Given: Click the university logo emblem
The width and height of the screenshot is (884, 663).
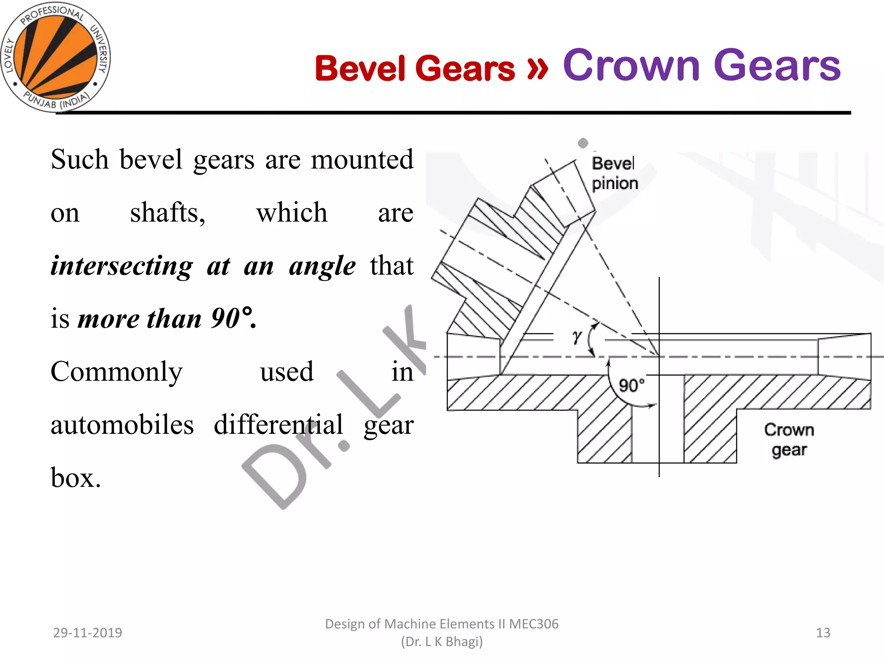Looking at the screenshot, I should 55,57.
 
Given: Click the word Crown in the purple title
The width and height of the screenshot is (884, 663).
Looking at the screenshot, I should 631,65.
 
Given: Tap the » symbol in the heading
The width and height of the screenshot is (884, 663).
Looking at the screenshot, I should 537,68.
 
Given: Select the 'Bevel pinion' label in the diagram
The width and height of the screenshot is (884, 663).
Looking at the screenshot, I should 615,174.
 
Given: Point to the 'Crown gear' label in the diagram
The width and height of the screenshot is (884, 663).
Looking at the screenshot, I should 789,439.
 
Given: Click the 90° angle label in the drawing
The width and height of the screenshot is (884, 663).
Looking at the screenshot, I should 631,385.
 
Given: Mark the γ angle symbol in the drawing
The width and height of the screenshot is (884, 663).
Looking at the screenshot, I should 577,337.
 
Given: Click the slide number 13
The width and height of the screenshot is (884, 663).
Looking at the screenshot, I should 823,633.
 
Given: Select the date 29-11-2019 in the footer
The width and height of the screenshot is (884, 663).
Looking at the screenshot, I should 88,633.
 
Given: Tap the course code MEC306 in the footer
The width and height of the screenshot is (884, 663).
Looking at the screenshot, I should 534,624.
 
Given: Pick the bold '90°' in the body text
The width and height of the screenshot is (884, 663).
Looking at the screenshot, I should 232,319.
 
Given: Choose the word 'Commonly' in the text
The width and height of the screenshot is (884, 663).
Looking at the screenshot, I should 117,372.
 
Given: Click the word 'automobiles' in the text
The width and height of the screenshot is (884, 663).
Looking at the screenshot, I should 122,425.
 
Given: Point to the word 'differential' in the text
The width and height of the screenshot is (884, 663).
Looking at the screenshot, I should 278,425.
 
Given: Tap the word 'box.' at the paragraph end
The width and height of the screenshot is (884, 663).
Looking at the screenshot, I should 76,478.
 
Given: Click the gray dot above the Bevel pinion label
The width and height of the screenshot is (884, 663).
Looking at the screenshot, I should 583,143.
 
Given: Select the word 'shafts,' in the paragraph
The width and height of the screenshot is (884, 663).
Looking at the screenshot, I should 167,212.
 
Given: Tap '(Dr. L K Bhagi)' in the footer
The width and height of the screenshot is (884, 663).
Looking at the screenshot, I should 442,642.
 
